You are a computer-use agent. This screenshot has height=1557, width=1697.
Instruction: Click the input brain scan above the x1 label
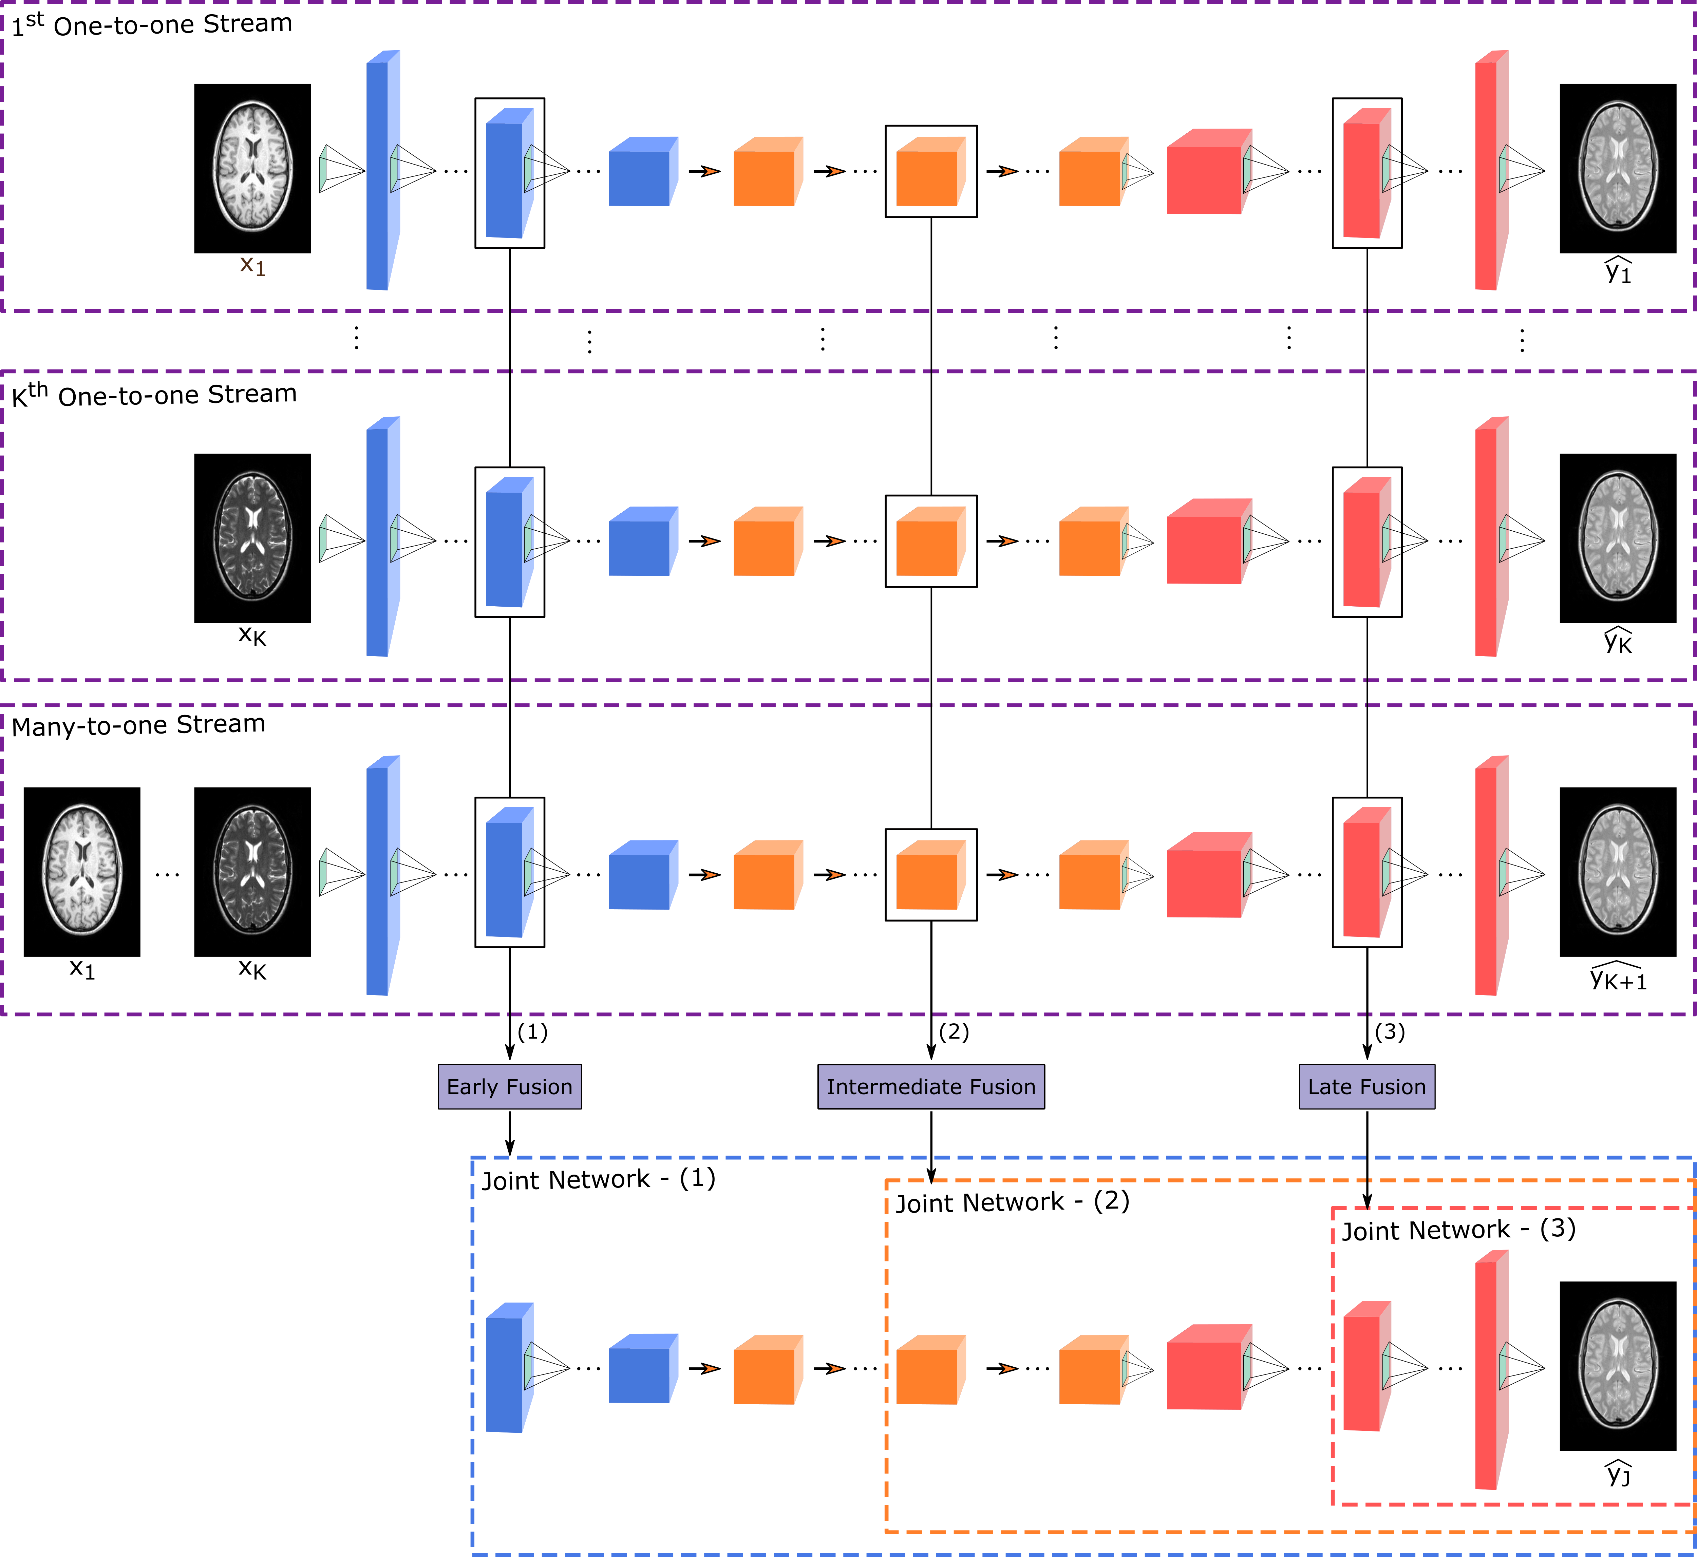click(x=253, y=166)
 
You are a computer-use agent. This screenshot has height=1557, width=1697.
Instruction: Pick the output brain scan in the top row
click(x=1618, y=166)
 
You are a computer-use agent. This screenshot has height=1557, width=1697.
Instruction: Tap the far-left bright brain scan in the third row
click(x=82, y=870)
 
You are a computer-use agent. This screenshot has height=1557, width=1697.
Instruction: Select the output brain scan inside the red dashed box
click(x=1618, y=1363)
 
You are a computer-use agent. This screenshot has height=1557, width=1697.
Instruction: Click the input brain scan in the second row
click(x=253, y=536)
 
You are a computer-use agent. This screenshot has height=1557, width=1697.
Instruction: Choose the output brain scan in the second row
click(x=1618, y=536)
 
